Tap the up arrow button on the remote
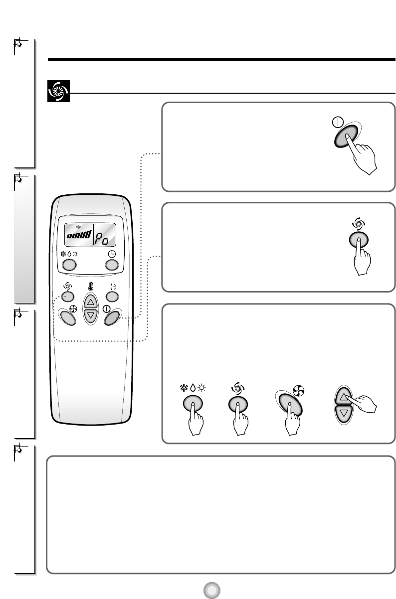point(90,301)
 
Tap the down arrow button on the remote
point(90,315)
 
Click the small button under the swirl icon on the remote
point(67,297)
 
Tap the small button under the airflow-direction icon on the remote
point(112,297)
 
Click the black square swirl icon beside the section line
point(58,92)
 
